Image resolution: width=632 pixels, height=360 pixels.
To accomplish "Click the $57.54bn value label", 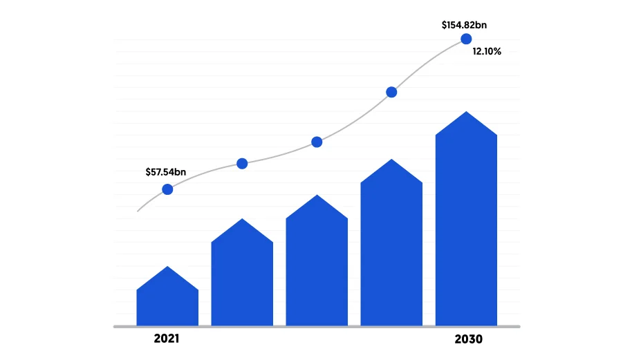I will [x=165, y=172].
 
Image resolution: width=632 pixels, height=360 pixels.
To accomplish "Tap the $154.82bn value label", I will [x=465, y=25].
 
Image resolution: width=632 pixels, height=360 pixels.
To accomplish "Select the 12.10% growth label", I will [x=487, y=52].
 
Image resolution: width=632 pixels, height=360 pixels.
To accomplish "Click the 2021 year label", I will [x=167, y=339].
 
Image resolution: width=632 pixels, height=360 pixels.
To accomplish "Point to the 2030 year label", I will [x=468, y=339].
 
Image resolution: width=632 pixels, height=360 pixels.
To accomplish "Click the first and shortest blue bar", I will [x=167, y=304].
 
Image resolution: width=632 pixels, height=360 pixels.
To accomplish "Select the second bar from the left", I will [x=242, y=280].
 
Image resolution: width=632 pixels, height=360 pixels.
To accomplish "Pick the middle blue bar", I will [x=317, y=269].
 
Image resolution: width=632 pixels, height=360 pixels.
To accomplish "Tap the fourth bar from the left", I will [x=391, y=249].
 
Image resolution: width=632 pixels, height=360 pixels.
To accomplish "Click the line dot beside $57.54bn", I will [x=167, y=189].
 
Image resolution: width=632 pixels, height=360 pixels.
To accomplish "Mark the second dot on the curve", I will [x=242, y=164].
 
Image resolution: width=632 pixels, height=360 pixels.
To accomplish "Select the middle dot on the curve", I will [x=317, y=142].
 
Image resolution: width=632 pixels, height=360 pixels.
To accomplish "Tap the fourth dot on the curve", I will [x=391, y=92].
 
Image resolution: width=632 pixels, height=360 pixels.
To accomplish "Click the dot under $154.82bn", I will [x=466, y=39].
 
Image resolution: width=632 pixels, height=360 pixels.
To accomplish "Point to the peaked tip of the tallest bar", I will [x=467, y=113].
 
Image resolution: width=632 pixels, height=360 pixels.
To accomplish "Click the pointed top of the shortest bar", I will [x=168, y=267].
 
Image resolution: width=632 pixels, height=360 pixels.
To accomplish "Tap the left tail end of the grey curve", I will [x=138, y=211].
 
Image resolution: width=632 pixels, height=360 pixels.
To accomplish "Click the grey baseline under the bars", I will [x=317, y=327].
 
